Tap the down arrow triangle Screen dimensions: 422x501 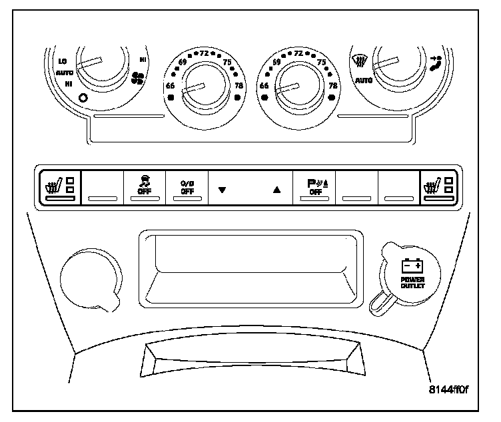pyautogui.click(x=223, y=189)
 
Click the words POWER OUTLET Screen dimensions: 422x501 pyautogui.click(x=412, y=283)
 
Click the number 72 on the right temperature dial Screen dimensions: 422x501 pyautogui.click(x=299, y=53)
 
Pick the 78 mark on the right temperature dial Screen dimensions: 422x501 pyautogui.click(x=332, y=87)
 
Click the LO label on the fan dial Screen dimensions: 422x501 pyautogui.click(x=63, y=61)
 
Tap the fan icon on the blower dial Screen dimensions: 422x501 pyautogui.click(x=139, y=79)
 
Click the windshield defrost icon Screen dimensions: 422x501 pyautogui.click(x=359, y=60)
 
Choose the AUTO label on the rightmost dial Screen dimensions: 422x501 pyautogui.click(x=364, y=81)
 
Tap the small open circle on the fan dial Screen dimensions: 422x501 pyautogui.click(x=83, y=99)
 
